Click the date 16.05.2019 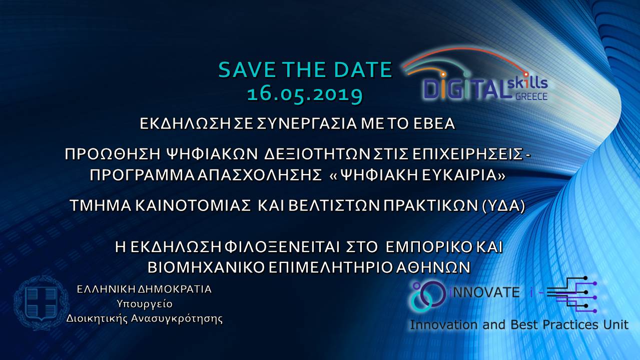coord(305,94)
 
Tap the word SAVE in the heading coord(247,69)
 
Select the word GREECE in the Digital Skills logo coord(531,96)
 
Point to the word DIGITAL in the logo coord(466,89)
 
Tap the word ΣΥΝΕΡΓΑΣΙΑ coord(306,123)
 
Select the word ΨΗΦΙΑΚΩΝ coord(212,154)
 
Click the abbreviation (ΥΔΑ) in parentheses coord(503,206)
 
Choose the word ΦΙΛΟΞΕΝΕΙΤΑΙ coord(282,247)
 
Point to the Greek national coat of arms coord(42,303)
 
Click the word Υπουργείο coord(145,304)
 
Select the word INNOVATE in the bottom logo coord(484,292)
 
